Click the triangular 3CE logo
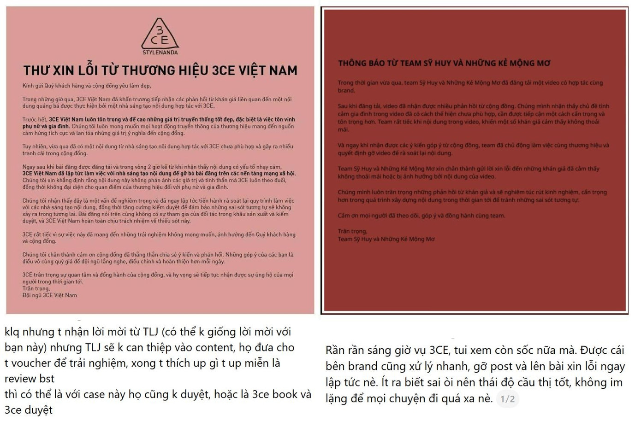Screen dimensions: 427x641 pyautogui.click(x=160, y=34)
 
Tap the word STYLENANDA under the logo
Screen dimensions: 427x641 pyautogui.click(x=160, y=53)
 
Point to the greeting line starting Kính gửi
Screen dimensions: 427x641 pyautogui.click(x=87, y=86)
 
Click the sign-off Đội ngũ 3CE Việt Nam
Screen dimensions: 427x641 pyautogui.click(x=50, y=295)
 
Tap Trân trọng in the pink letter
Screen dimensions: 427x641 pyautogui.click(x=36, y=288)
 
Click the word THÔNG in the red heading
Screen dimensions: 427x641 pyautogui.click(x=355, y=63)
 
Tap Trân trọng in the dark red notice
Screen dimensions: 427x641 pyautogui.click(x=352, y=231)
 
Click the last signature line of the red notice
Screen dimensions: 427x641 pyautogui.click(x=386, y=239)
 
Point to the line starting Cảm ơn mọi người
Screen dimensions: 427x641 pyautogui.click(x=421, y=216)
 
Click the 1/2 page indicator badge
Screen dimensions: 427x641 pyautogui.click(x=507, y=399)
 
